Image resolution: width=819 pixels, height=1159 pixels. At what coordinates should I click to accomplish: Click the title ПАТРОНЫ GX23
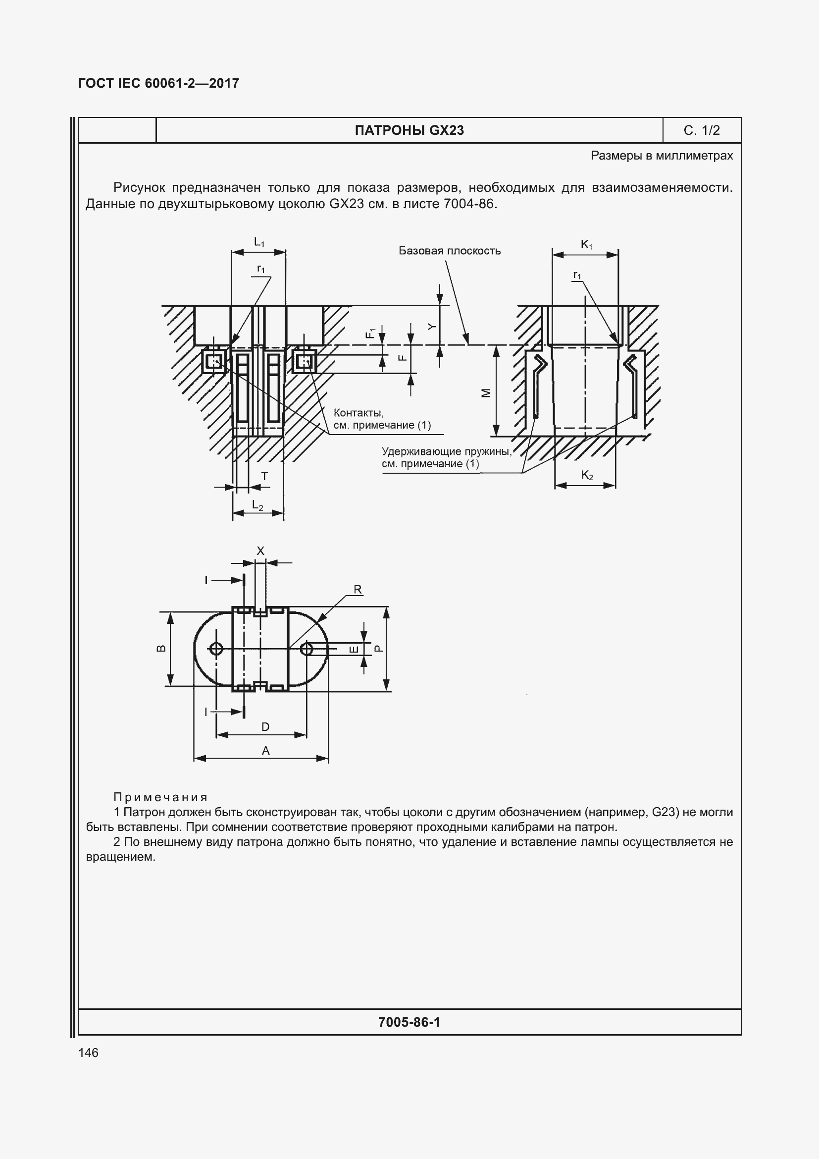(x=409, y=130)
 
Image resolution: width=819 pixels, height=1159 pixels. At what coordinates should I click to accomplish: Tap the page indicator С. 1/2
(x=702, y=130)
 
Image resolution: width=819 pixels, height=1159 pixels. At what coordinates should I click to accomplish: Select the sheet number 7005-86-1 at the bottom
(x=409, y=1022)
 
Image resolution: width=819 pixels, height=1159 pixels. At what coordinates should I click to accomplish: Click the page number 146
(x=88, y=1052)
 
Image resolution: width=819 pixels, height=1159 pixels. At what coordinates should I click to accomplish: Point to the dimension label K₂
(x=586, y=475)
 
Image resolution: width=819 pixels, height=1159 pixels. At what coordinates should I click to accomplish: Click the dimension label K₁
(x=586, y=245)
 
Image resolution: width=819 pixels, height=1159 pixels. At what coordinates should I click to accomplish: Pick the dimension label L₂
(x=257, y=505)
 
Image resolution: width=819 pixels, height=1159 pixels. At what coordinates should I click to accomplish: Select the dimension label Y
(x=431, y=327)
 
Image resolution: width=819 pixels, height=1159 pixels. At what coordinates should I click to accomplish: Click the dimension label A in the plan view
(x=266, y=751)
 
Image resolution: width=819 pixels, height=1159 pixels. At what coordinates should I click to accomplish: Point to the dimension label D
(x=265, y=726)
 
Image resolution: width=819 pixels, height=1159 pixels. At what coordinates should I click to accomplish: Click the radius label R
(x=358, y=590)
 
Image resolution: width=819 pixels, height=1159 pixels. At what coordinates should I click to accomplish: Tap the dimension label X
(x=261, y=551)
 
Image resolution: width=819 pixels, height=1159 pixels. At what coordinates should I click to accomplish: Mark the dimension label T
(x=264, y=476)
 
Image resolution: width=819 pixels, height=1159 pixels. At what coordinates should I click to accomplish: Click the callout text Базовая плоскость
(x=449, y=251)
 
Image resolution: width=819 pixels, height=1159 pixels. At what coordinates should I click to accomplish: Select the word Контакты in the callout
(x=358, y=413)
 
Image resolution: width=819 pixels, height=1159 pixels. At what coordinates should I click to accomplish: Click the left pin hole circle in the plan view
(x=216, y=649)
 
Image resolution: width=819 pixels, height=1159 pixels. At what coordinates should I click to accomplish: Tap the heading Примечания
(x=160, y=797)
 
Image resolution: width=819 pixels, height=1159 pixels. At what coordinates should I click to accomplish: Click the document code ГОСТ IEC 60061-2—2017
(x=158, y=83)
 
